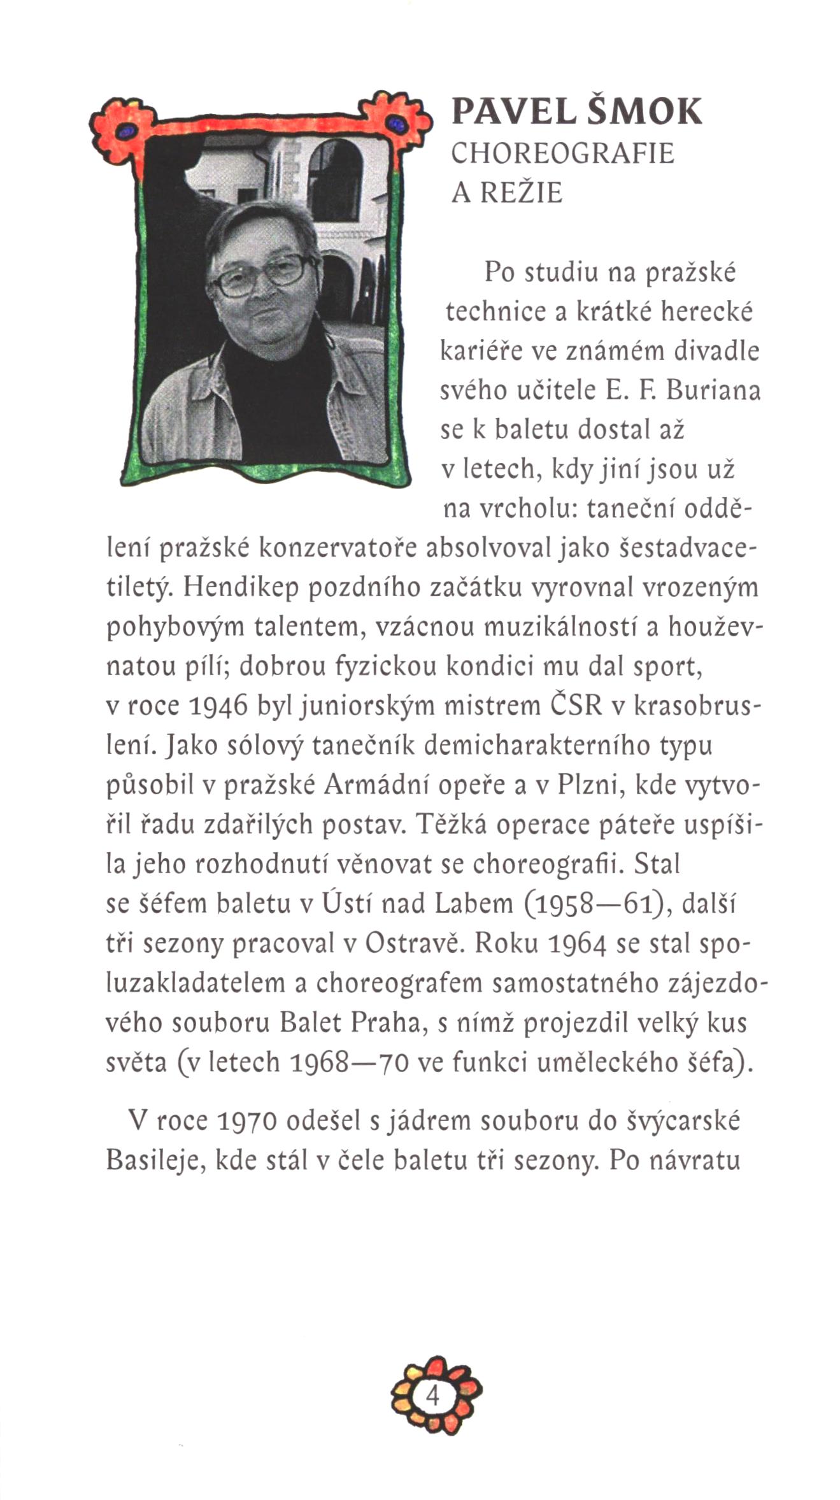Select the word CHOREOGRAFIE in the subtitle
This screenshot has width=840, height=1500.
[562, 154]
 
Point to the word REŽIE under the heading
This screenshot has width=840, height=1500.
[522, 192]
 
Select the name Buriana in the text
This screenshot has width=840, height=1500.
[713, 390]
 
